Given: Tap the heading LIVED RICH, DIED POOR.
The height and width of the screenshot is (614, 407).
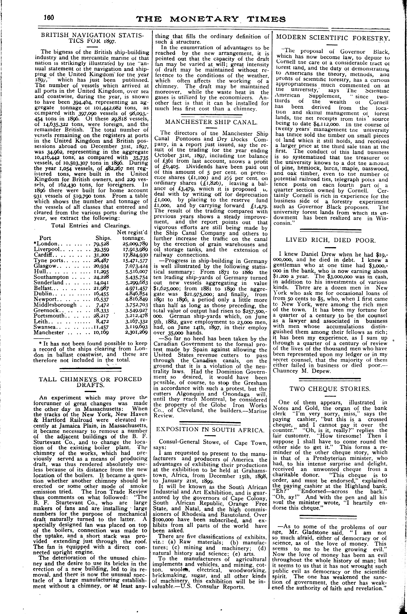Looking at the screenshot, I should click(330, 240).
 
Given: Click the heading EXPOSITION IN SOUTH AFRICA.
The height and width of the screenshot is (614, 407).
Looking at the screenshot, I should click(210, 429).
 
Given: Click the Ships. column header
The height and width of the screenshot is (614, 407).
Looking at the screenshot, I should click(103, 238).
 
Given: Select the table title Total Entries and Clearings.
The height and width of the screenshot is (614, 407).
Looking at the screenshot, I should click(91, 225).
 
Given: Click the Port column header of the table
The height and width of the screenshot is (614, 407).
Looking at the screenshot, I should click(45, 238).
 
